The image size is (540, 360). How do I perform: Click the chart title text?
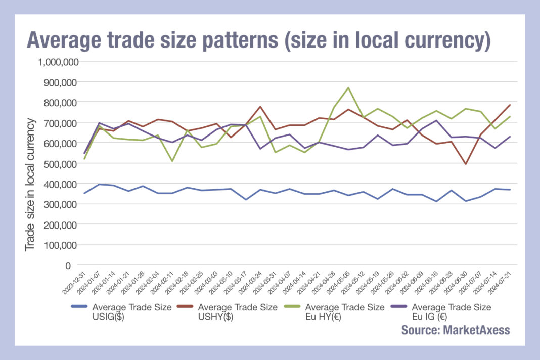258,40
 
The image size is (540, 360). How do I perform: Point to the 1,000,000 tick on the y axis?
54,62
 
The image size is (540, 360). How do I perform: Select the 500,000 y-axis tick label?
57,164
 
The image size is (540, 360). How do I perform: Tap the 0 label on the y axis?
67,265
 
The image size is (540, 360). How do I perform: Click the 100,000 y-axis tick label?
57,245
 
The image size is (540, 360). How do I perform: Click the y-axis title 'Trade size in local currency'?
31,184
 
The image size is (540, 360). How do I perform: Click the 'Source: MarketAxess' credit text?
456,330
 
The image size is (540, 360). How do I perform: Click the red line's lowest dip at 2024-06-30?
465,164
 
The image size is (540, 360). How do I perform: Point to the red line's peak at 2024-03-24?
260,107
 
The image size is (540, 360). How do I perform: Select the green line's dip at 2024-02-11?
172,161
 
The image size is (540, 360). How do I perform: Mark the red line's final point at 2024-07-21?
510,105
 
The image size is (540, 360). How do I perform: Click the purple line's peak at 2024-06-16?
436,120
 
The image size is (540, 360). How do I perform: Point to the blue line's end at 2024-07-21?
510,190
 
